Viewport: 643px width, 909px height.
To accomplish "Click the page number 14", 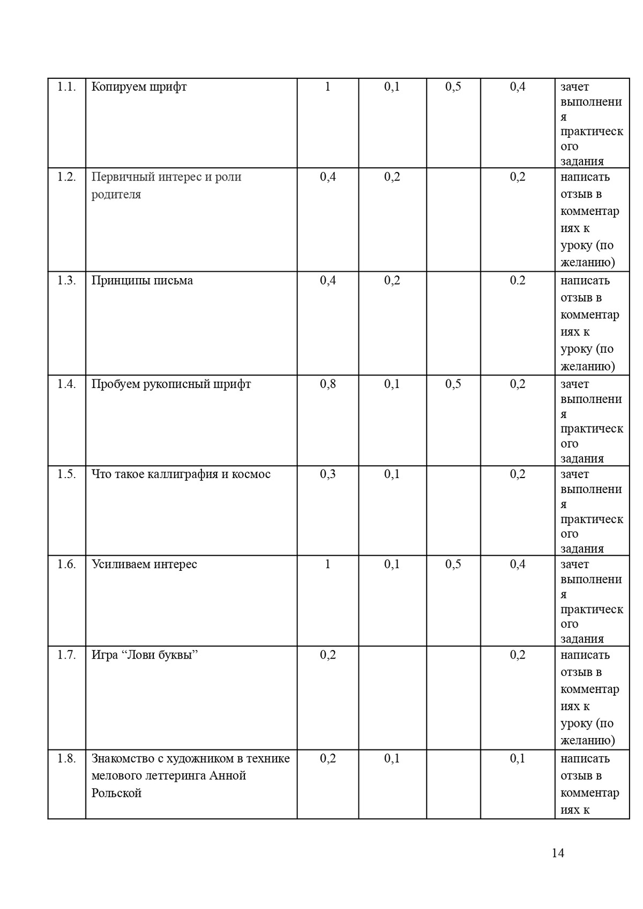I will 557,853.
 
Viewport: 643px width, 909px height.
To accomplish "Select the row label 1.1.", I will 66,87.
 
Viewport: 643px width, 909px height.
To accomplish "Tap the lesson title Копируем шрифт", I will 139,87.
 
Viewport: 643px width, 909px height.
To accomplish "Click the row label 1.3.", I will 66,280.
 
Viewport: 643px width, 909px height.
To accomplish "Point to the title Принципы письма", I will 142,280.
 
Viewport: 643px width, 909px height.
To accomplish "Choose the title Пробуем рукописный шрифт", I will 171,384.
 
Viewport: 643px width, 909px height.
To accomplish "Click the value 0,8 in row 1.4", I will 328,384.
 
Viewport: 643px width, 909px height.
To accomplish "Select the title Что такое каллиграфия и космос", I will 181,474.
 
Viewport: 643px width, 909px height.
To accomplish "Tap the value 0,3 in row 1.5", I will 328,474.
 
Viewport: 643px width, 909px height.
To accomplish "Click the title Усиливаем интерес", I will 144,564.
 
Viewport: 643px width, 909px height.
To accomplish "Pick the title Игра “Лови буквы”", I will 145,655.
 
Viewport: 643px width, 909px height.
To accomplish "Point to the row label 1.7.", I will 66,655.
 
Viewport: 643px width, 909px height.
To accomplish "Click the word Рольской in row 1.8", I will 116,793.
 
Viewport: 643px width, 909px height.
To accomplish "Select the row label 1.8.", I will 66,758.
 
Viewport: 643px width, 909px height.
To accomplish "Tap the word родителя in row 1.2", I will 116,194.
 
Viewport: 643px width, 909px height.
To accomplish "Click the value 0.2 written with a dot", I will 518,280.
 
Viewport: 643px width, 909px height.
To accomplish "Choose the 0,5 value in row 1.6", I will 453,564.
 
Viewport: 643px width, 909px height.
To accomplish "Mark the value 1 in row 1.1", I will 328,87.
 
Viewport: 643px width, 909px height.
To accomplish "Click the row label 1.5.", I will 66,474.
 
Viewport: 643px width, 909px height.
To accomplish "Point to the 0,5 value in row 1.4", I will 453,384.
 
